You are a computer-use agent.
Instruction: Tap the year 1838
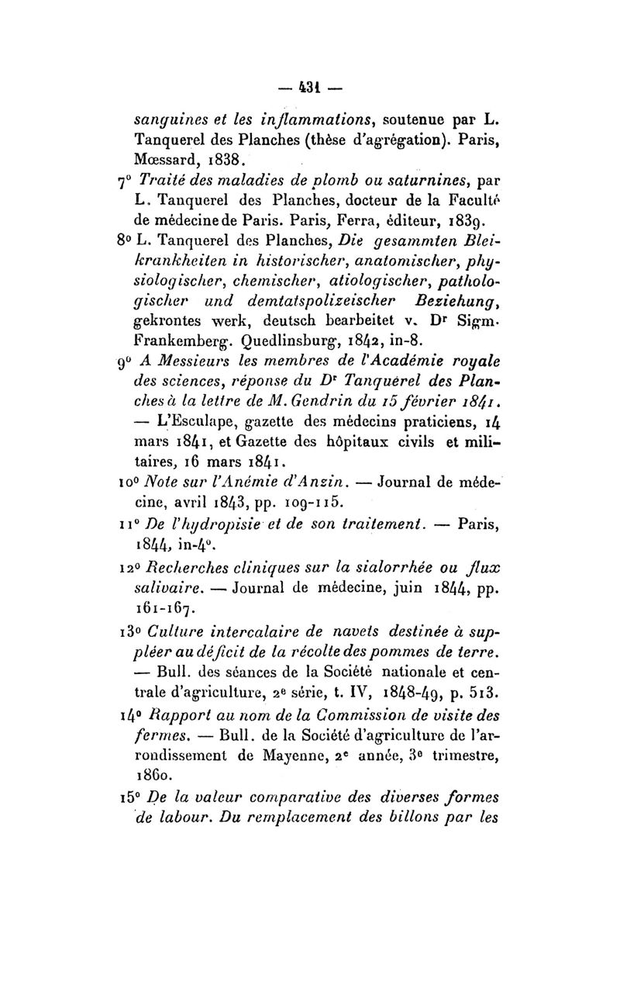point(222,162)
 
